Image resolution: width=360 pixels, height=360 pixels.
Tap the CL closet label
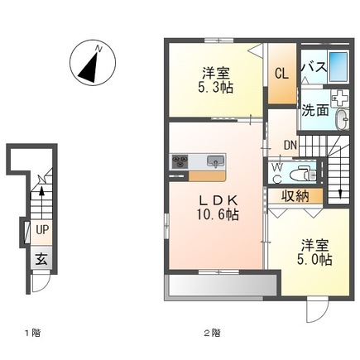coord(282,73)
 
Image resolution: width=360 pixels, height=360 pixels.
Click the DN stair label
coord(290,146)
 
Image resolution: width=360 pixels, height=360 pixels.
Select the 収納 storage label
coord(294,196)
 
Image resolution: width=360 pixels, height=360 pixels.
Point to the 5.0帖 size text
coord(315,260)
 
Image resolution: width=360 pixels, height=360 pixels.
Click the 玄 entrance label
coord(40,258)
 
